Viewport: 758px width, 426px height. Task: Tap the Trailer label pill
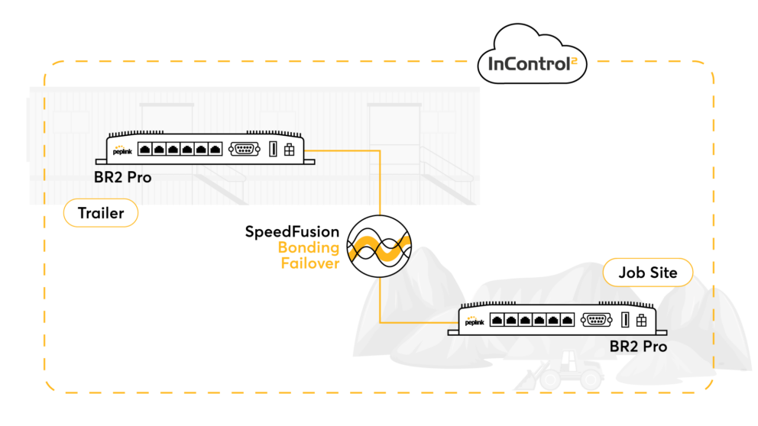tap(101, 213)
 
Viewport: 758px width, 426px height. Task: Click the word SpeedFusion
tap(292, 231)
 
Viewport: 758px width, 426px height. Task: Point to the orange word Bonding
tap(308, 248)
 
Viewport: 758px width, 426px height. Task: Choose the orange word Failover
tap(309, 264)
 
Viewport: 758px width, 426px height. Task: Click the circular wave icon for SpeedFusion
tap(379, 247)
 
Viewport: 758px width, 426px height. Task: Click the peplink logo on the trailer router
tap(122, 150)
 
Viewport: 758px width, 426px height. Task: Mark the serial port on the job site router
tap(596, 319)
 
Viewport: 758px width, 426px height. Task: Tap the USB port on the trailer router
tap(272, 149)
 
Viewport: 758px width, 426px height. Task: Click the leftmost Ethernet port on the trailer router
tap(144, 149)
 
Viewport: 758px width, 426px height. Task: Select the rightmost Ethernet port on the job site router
tap(566, 320)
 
